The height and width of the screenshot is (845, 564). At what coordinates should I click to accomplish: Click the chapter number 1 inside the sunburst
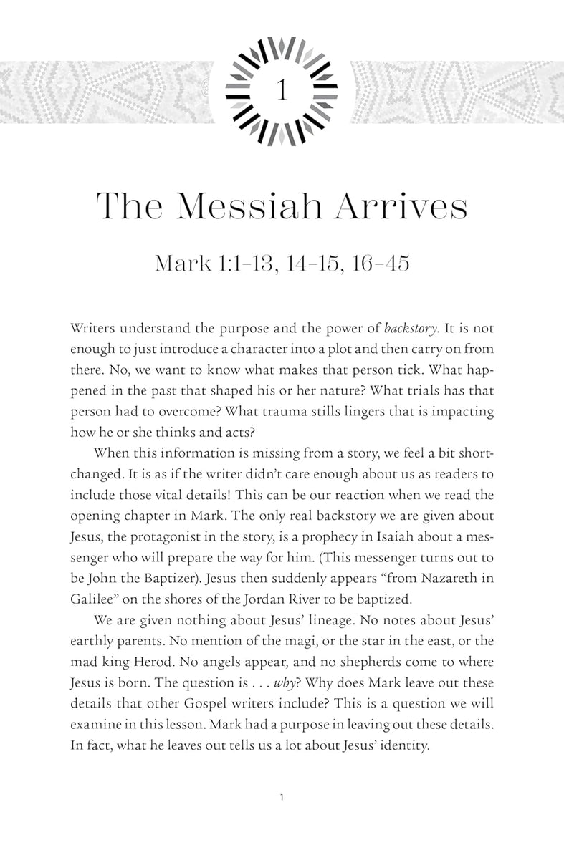point(282,91)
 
